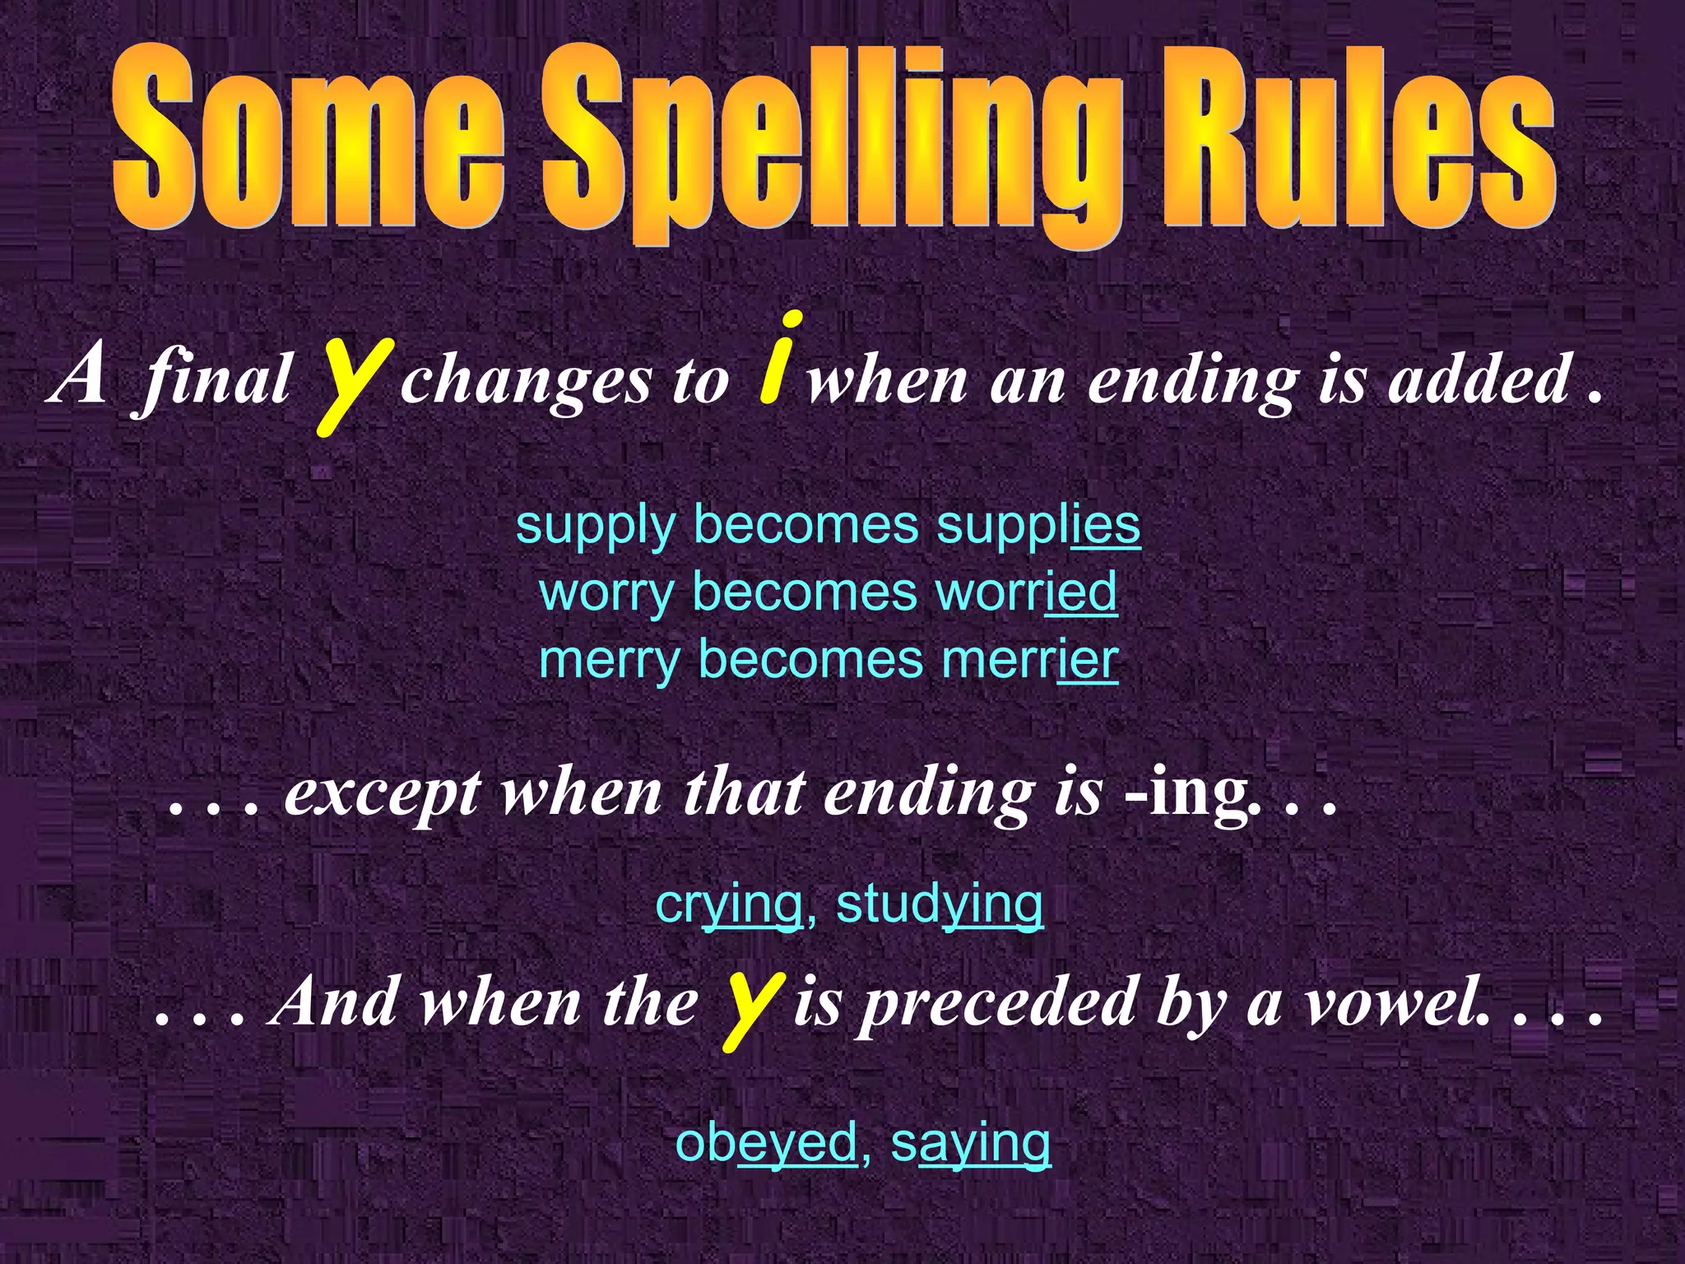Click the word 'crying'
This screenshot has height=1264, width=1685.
click(729, 904)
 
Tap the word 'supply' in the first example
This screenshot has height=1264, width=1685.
click(595, 527)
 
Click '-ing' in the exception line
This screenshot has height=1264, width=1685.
click(1185, 794)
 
